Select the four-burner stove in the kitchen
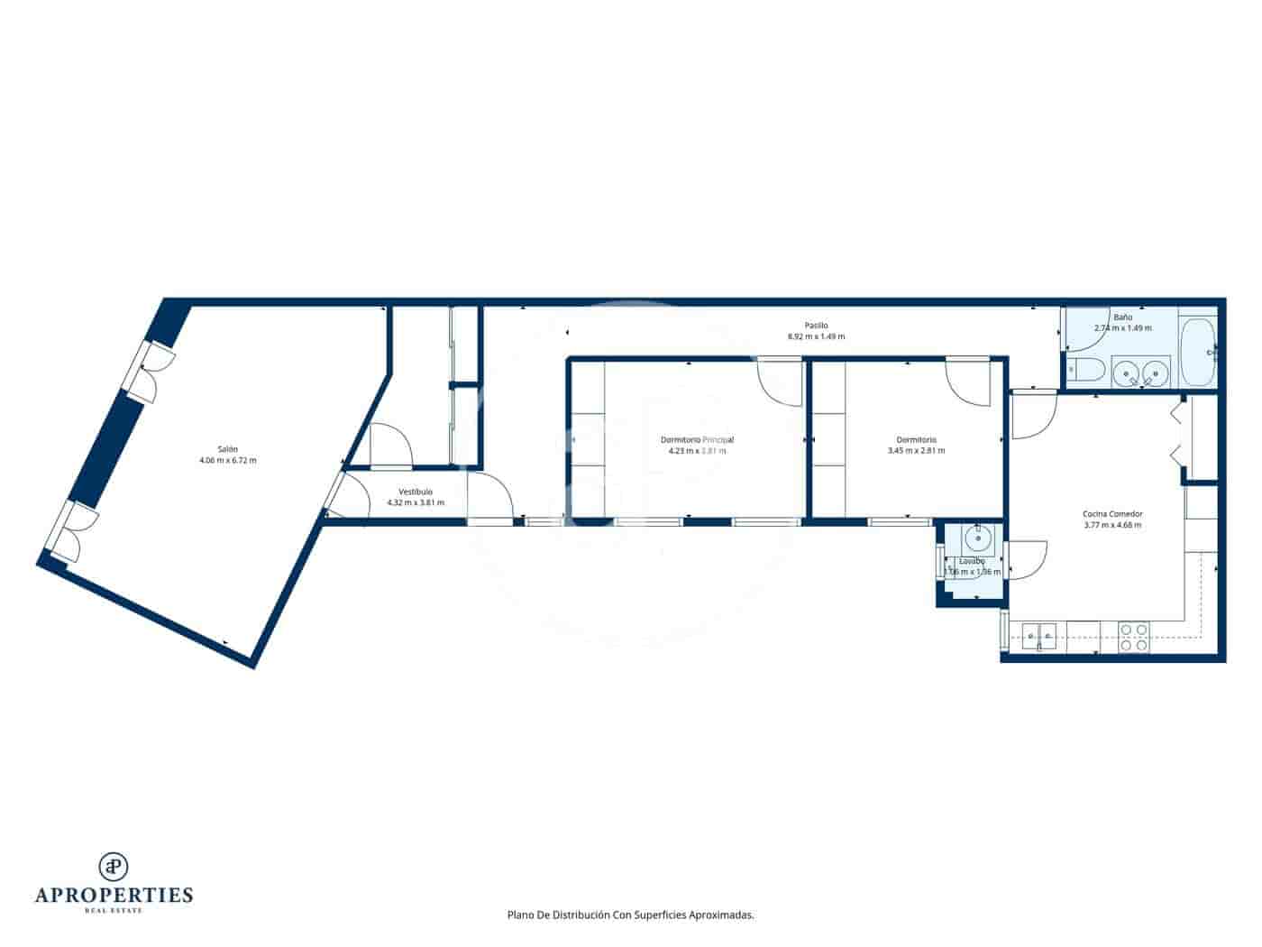tap(1133, 638)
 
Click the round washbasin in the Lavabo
tap(978, 539)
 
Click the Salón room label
tap(227, 449)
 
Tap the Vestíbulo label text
tap(416, 492)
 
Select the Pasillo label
tap(816, 326)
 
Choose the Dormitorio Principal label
tap(697, 440)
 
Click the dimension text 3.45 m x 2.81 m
tap(916, 451)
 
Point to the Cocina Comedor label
tap(1112, 514)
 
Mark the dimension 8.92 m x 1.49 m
tap(816, 337)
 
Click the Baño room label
tap(1122, 317)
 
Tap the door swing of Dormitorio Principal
tap(777, 383)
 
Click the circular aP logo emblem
tap(114, 866)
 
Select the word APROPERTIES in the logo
tap(114, 896)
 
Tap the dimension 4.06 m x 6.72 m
tap(227, 461)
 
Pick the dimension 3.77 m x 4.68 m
tap(1112, 525)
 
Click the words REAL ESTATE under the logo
tap(114, 910)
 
